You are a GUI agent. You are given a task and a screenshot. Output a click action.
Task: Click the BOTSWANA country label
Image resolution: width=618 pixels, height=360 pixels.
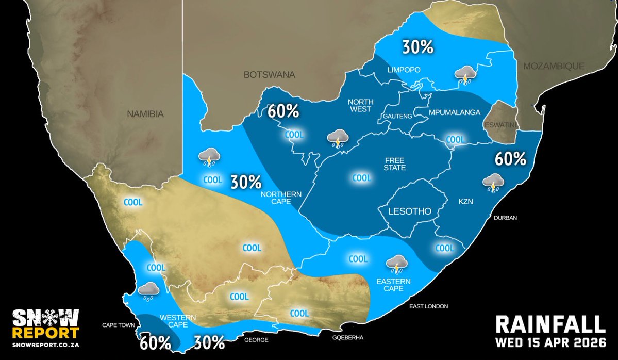(x=270, y=75)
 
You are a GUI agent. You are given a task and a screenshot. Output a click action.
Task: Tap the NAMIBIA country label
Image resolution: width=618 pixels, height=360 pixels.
(x=145, y=114)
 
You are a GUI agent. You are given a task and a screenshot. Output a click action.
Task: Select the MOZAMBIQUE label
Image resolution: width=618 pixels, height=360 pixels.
(x=554, y=66)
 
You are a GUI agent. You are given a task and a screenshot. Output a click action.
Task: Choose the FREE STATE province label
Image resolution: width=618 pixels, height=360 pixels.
(x=394, y=164)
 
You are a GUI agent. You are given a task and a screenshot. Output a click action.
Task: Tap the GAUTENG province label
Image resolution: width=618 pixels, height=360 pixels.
(x=397, y=117)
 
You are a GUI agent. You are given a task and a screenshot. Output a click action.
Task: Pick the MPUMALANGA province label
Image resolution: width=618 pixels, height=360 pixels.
(x=455, y=112)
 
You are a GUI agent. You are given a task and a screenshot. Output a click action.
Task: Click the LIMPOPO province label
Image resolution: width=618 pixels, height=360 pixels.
(x=405, y=70)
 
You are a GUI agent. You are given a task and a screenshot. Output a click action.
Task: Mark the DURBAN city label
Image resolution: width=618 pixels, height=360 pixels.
(x=505, y=218)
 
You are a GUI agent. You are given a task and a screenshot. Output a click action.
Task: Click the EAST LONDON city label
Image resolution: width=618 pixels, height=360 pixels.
(x=429, y=306)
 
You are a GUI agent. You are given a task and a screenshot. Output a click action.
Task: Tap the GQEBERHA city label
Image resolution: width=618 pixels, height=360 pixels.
(x=349, y=338)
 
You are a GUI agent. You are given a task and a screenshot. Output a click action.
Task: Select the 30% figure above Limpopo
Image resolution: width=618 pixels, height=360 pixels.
(x=417, y=47)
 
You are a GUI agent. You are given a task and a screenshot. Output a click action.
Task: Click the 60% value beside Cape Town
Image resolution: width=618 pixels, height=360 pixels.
(x=155, y=342)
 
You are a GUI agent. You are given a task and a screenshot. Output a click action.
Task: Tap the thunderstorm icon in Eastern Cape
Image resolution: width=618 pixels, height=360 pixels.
(x=397, y=264)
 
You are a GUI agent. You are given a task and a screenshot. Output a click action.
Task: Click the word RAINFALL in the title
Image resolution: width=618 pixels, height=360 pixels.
(x=550, y=324)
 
